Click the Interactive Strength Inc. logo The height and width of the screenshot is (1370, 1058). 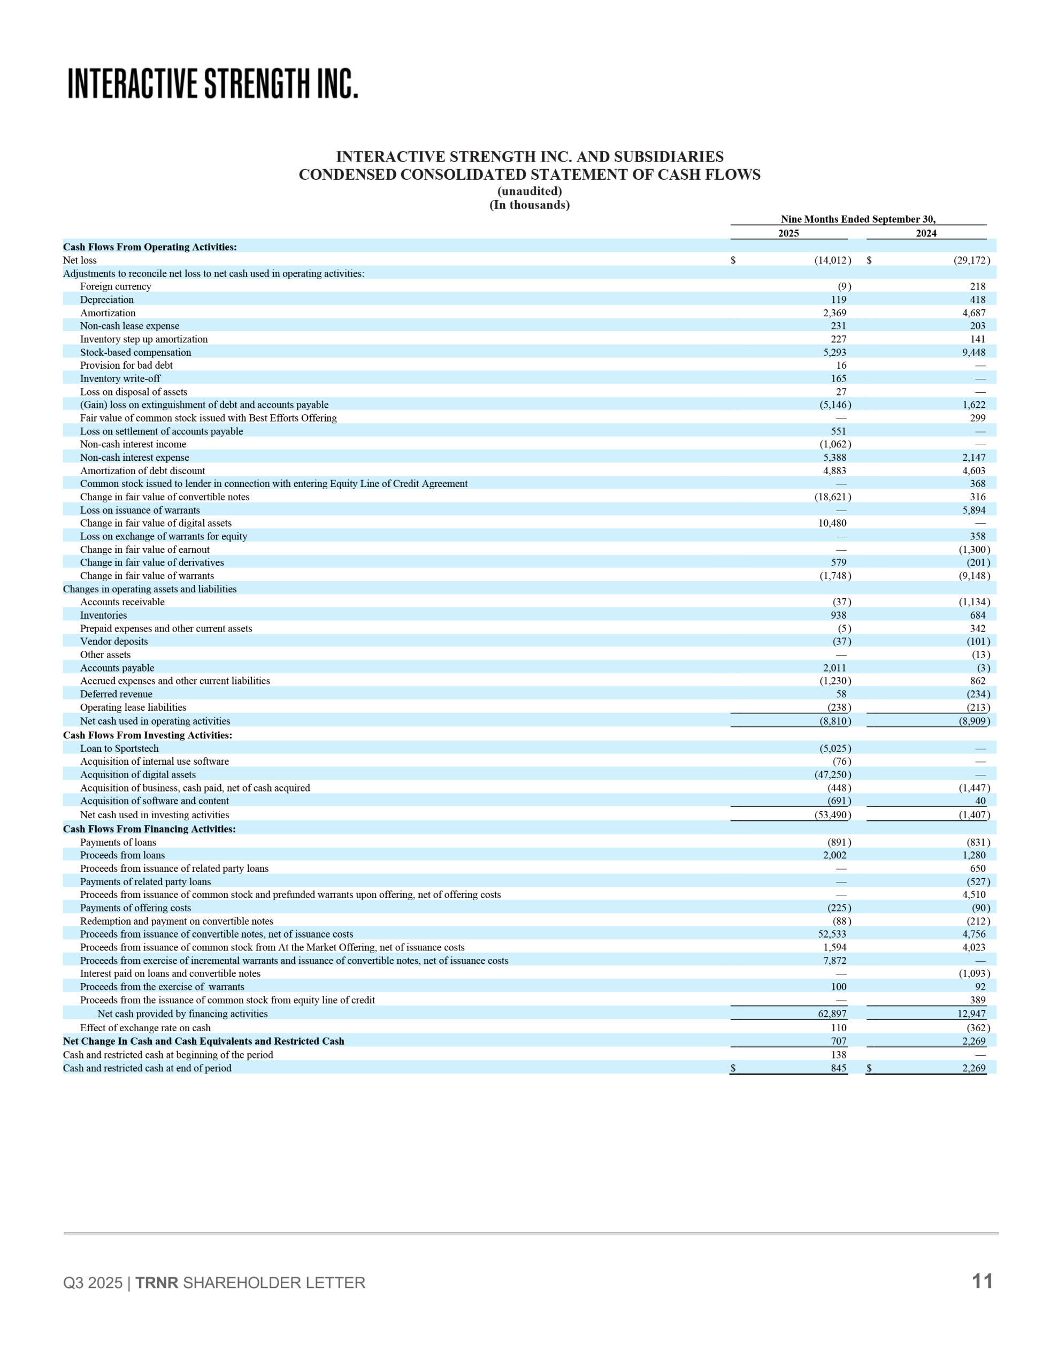[x=212, y=84]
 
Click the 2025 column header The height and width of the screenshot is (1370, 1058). [x=788, y=233]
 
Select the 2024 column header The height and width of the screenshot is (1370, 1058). [x=926, y=233]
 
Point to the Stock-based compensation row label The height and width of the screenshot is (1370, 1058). [x=135, y=353]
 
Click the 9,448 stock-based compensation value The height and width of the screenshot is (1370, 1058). [x=973, y=353]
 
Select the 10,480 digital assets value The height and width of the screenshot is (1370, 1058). [x=832, y=523]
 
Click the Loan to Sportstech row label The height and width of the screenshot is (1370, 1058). [x=119, y=748]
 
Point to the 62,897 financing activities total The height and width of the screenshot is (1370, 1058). [x=832, y=1014]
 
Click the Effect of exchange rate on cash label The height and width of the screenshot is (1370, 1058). [x=145, y=1027]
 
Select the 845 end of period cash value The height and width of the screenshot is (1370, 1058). [x=839, y=1068]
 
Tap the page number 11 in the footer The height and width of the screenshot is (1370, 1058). [x=982, y=1281]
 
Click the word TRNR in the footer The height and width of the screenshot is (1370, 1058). [x=157, y=1283]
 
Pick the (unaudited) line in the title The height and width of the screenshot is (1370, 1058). [x=530, y=192]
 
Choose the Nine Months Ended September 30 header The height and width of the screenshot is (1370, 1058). [x=857, y=219]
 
